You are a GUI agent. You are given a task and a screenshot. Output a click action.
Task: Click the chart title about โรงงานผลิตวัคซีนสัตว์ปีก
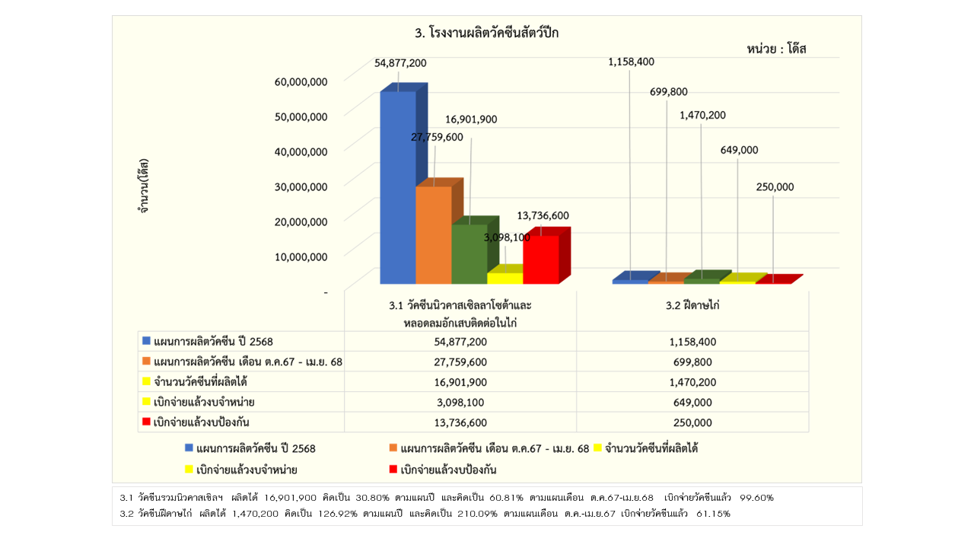[487, 33]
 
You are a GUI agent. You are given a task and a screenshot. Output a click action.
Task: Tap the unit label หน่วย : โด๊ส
[776, 49]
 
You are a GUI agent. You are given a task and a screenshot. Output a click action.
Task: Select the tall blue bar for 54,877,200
[397, 186]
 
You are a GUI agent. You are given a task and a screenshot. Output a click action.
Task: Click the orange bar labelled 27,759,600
[433, 234]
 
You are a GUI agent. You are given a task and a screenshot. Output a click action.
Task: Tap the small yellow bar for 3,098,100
[505, 278]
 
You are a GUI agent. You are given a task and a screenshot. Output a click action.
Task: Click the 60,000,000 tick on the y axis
[300, 81]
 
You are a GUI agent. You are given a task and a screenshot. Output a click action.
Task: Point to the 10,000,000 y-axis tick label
[300, 256]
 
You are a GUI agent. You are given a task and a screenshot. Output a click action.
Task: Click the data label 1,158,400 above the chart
[631, 62]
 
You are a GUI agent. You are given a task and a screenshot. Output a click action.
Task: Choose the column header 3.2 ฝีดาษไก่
[692, 305]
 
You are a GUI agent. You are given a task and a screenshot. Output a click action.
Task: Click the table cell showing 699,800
[692, 362]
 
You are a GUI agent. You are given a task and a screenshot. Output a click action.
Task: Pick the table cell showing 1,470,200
[692, 382]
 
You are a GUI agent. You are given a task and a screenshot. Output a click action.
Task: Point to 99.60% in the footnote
[756, 498]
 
